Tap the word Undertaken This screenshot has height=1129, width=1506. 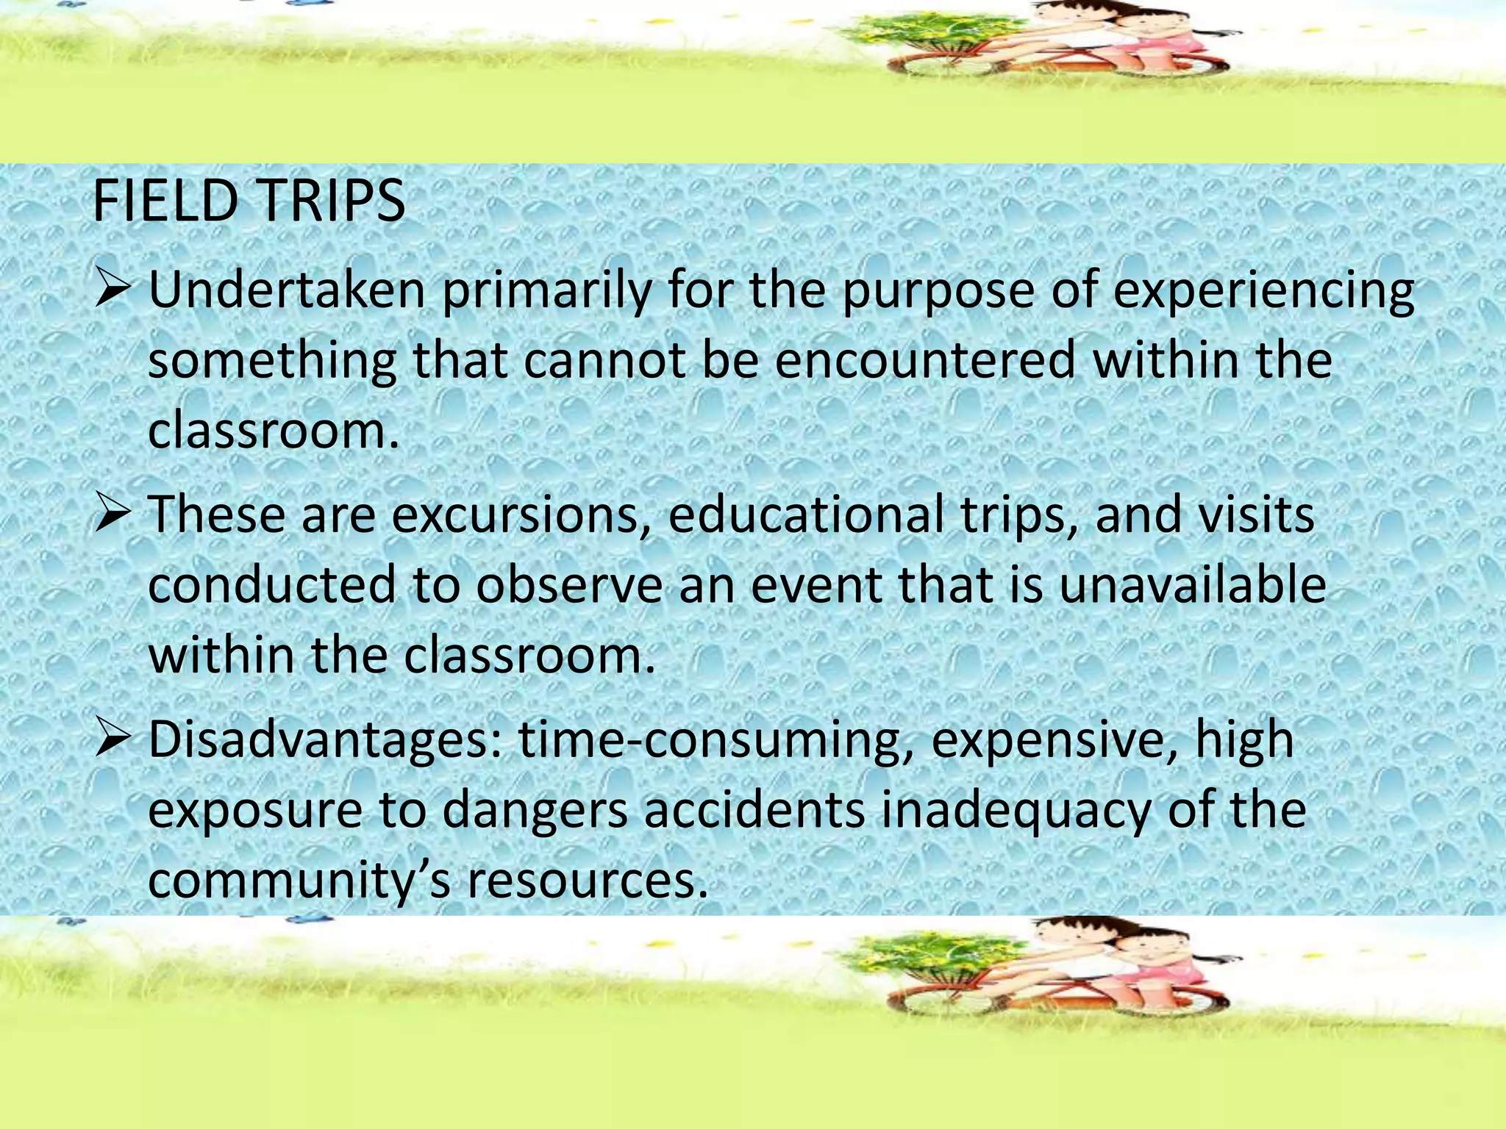click(x=287, y=290)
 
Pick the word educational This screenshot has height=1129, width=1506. click(x=806, y=515)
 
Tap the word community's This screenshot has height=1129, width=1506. click(x=299, y=881)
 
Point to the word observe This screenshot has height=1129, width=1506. click(x=569, y=584)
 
